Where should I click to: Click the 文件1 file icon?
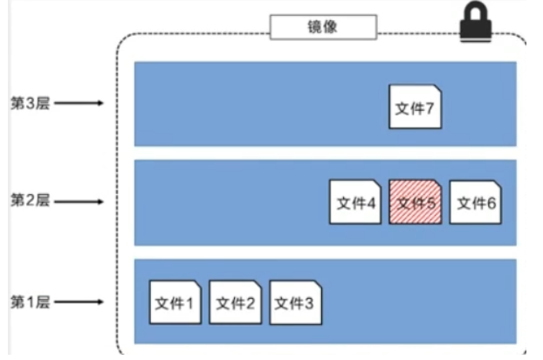pos(175,302)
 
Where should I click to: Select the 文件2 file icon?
pos(235,302)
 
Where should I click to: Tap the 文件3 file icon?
pos(295,302)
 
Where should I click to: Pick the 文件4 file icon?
pos(355,202)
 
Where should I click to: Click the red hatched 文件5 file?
pos(416,202)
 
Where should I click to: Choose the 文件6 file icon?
pos(475,202)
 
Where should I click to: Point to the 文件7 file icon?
pos(416,107)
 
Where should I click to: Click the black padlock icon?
pos(476,22)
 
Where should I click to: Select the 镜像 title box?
pos(323,27)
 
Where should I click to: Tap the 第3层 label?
pos(31,103)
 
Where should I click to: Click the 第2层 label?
pos(31,200)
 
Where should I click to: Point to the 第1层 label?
pos(31,301)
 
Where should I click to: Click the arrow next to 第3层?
pos(79,103)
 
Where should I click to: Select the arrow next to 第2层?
pos(79,201)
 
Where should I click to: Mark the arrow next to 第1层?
pos(79,301)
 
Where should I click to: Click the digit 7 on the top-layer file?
pos(430,108)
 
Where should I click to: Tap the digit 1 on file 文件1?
pos(189,303)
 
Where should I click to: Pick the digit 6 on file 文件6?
pos(491,204)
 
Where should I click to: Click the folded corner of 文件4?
pos(377,183)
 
